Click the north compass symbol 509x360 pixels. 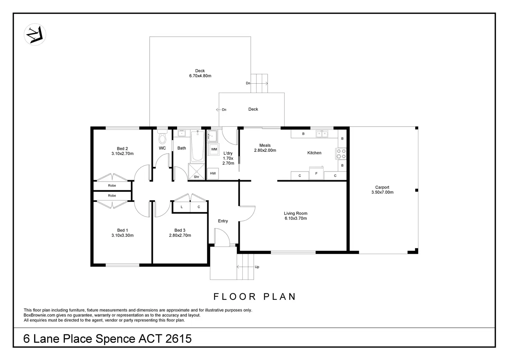click(35, 35)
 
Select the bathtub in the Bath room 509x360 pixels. click(197, 146)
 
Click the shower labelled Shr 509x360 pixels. click(196, 172)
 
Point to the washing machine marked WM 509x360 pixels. click(214, 149)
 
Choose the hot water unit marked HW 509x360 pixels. click(213, 173)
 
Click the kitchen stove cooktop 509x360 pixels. click(341, 154)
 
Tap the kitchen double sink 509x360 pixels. click(322, 134)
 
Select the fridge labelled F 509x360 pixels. click(316, 173)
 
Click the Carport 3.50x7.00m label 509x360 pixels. click(382, 190)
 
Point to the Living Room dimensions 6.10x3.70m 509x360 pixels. click(296, 219)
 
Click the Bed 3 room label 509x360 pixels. click(180, 230)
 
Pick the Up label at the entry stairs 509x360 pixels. click(257, 267)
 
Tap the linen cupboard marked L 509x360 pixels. click(182, 207)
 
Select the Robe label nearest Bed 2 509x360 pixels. click(112, 185)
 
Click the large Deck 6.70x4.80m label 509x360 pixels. click(200, 73)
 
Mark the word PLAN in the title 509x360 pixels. click(279, 297)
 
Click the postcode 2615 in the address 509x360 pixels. click(179, 339)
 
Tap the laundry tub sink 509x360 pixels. click(212, 136)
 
